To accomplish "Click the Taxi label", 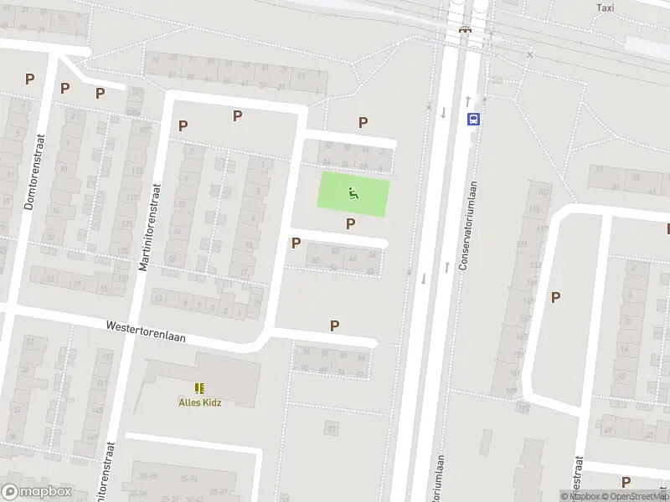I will point(605,8).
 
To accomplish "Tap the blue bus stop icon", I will point(474,119).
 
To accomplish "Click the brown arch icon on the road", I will point(465,31).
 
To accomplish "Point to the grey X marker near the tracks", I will point(529,54).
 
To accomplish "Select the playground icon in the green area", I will point(353,194).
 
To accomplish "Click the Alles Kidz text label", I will point(200,402).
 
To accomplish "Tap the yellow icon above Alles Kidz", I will point(199,387).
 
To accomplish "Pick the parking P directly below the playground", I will point(350,223).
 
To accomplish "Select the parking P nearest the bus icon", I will point(363,122).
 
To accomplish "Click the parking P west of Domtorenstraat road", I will point(29,79).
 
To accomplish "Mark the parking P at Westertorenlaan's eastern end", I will point(335,325).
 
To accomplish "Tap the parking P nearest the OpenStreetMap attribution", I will point(626,481).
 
